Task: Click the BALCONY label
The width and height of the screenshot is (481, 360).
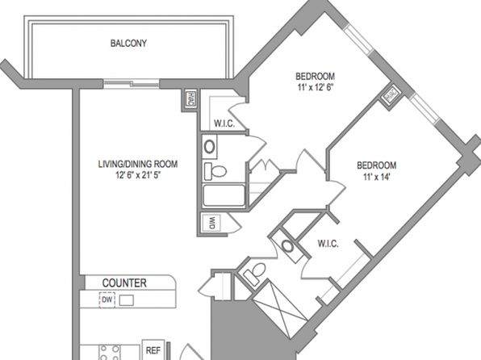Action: (x=128, y=44)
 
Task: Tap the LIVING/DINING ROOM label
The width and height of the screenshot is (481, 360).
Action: (x=138, y=164)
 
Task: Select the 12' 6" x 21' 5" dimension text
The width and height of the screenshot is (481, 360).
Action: (x=138, y=175)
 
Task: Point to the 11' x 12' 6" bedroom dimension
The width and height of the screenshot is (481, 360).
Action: (x=316, y=87)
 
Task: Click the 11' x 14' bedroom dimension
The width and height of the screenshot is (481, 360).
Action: (x=377, y=177)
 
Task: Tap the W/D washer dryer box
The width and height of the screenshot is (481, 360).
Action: (x=211, y=223)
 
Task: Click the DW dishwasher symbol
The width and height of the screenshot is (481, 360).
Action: (x=107, y=299)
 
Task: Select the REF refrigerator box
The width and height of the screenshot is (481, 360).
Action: (x=153, y=350)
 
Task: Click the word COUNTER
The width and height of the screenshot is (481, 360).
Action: (x=124, y=283)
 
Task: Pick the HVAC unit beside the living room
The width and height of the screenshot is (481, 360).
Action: (x=190, y=98)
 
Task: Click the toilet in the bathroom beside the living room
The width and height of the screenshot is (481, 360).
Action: (x=215, y=171)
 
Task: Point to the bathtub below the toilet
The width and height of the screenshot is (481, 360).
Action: (x=224, y=195)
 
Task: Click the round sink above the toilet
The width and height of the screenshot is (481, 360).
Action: (x=210, y=147)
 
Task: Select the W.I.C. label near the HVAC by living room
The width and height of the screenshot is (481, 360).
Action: (x=224, y=123)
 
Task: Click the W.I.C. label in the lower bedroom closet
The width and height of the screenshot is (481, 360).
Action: (x=328, y=244)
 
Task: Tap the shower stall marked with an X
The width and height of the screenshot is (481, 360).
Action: (x=280, y=308)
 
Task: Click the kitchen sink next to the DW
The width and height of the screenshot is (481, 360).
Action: (x=127, y=300)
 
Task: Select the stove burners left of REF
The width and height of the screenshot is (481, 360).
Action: (x=111, y=352)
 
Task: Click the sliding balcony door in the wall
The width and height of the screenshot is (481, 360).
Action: (x=132, y=83)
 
